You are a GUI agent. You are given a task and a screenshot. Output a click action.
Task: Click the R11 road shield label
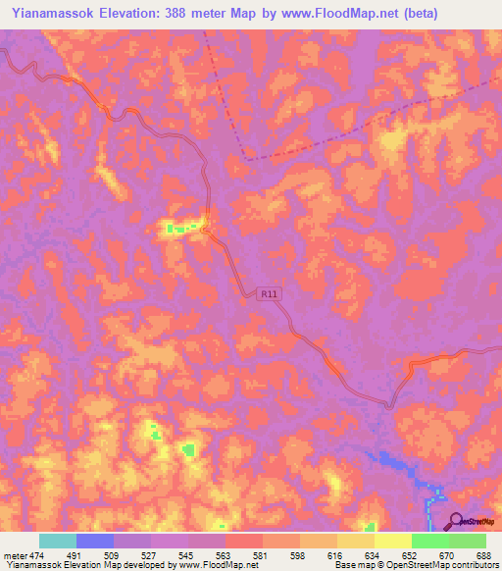[x=268, y=292]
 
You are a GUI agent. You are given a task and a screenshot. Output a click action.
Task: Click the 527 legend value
[x=147, y=554]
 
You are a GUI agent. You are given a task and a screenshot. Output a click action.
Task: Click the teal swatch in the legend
[x=57, y=541]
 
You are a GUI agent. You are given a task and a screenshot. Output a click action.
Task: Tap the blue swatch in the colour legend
[x=94, y=541]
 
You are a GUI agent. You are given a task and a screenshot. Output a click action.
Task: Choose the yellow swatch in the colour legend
[x=392, y=541]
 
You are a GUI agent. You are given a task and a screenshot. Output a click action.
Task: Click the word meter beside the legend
[x=15, y=554]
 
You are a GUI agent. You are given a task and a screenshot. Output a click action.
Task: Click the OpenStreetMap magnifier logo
[x=456, y=521]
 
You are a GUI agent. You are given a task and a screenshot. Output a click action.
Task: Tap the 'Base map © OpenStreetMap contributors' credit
[x=416, y=565]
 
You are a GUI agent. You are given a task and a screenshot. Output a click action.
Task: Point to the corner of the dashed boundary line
[x=247, y=157]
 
